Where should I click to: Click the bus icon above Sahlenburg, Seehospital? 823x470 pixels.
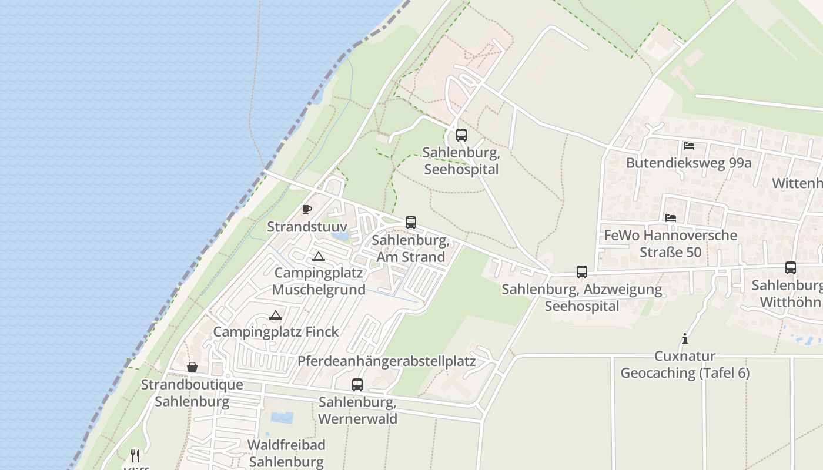461,135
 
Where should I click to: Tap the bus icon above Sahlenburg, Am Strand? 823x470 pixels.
411,223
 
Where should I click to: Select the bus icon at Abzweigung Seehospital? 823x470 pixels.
582,272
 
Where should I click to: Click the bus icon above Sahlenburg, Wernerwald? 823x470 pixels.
357,385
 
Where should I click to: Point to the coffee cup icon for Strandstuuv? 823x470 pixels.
306,209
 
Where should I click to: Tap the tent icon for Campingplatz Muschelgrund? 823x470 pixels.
318,256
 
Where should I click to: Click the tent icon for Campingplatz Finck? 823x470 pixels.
276,315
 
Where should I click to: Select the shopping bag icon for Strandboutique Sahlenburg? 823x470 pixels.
192,368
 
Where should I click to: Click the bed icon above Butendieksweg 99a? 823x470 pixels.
689,145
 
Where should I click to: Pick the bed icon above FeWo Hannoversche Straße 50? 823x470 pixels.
671,217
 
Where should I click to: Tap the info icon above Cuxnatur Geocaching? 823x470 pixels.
684,338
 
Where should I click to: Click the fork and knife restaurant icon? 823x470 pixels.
135,455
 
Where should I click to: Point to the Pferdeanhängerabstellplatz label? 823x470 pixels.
386,361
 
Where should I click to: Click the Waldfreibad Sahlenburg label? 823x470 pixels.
286,453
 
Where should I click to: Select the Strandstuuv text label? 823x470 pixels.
306,227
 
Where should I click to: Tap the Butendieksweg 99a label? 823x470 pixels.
688,163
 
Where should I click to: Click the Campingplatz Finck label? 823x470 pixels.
276,332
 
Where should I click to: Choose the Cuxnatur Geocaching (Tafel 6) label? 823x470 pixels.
685,365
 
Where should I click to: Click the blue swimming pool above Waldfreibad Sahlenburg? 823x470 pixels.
282,418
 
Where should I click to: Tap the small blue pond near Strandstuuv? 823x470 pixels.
339,236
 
